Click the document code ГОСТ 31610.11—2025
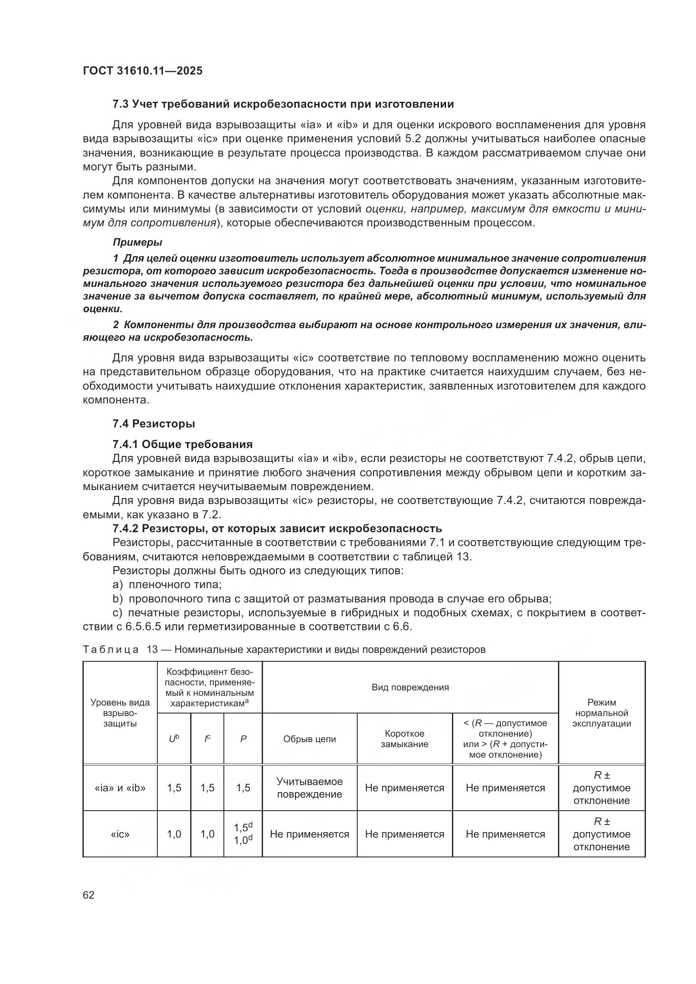click(142, 71)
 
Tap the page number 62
click(89, 895)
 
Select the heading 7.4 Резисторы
click(154, 424)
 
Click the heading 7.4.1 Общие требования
click(182, 444)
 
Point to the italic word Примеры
click(137, 243)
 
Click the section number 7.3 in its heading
click(121, 104)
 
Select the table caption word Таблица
click(111, 649)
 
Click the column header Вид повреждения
click(410, 687)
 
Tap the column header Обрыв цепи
click(309, 739)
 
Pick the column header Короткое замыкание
click(404, 739)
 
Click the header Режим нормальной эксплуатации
click(602, 713)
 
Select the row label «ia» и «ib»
click(120, 788)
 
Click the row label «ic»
click(120, 834)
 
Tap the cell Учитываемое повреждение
click(309, 788)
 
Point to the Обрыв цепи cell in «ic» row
click(309, 834)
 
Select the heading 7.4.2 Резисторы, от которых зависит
click(277, 528)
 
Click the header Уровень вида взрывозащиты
click(120, 713)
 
